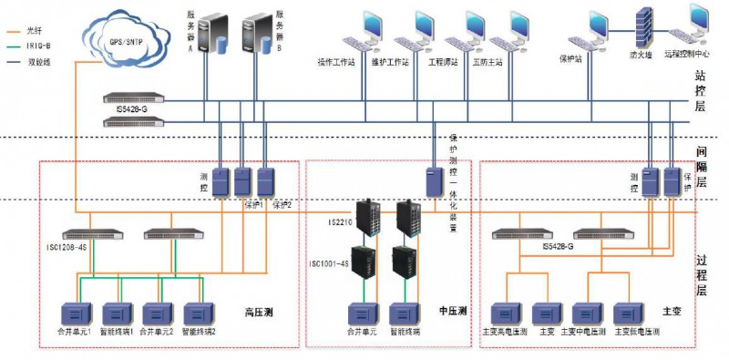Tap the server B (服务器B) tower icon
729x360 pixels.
pos(258,41)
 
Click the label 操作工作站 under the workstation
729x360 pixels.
pos(336,62)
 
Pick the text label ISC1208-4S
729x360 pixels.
pos(65,247)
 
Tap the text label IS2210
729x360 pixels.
pos(338,221)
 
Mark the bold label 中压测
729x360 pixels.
pos(453,312)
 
